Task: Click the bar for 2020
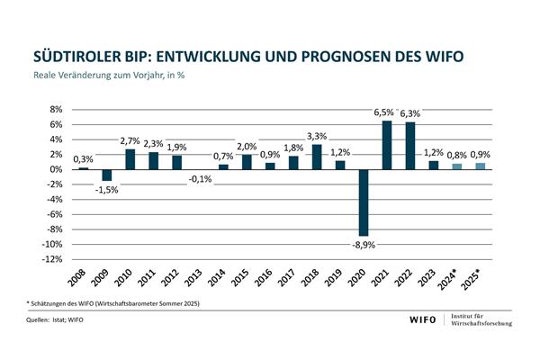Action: [x=364, y=202]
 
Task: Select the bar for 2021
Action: [x=387, y=145]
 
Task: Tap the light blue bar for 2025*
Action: [x=481, y=166]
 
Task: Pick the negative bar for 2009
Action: [x=106, y=175]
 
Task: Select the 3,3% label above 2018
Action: [x=317, y=136]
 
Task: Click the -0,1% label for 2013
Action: [x=201, y=179]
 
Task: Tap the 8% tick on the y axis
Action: [x=55, y=110]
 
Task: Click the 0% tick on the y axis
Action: [x=55, y=169]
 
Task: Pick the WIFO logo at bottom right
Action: [x=423, y=322]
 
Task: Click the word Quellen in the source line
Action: [x=39, y=321]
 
